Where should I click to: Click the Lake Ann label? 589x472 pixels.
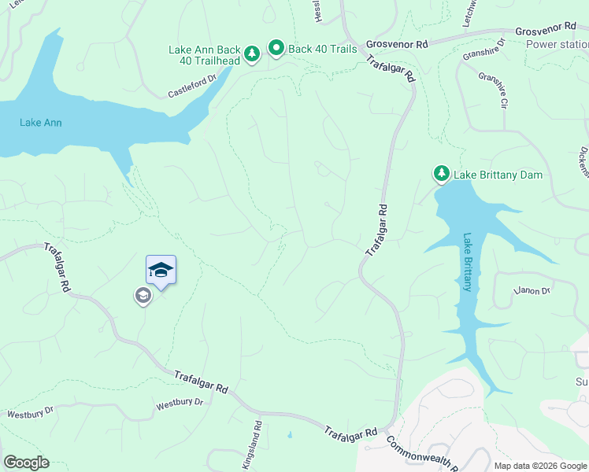(x=41, y=123)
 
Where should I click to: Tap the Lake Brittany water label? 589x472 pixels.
(x=467, y=262)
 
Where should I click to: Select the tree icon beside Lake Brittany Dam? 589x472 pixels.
(x=442, y=173)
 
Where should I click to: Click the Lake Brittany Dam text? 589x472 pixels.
(x=498, y=175)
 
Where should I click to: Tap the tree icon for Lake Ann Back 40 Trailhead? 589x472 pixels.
(x=251, y=54)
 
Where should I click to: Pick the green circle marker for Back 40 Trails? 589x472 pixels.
(x=276, y=49)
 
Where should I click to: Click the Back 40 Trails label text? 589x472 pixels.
(x=323, y=49)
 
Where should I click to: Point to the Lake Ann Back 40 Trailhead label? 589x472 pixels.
(x=202, y=55)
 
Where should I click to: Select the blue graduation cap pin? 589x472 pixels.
(x=161, y=271)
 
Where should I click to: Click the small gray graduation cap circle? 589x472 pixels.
(x=143, y=296)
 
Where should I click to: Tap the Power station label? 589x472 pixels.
(x=557, y=45)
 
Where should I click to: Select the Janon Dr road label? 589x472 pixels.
(x=532, y=291)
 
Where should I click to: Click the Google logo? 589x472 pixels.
(x=26, y=463)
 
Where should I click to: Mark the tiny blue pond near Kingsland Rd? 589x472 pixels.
(x=290, y=434)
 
